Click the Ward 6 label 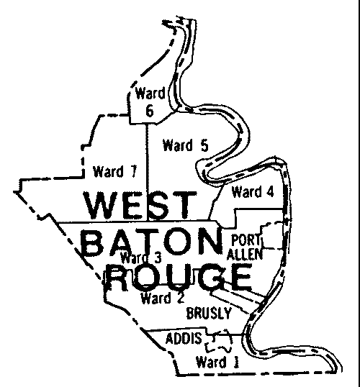pyautogui.click(x=150, y=101)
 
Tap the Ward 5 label pyautogui.click(x=185, y=145)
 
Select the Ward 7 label pyautogui.click(x=114, y=171)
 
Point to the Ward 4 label pyautogui.click(x=253, y=192)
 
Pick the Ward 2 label pyautogui.click(x=161, y=296)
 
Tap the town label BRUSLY pyautogui.click(x=208, y=313)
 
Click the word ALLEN pyautogui.click(x=246, y=253)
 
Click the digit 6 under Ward pyautogui.click(x=150, y=111)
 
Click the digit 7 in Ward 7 pyautogui.click(x=132, y=171)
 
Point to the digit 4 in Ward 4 pyautogui.click(x=270, y=192)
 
